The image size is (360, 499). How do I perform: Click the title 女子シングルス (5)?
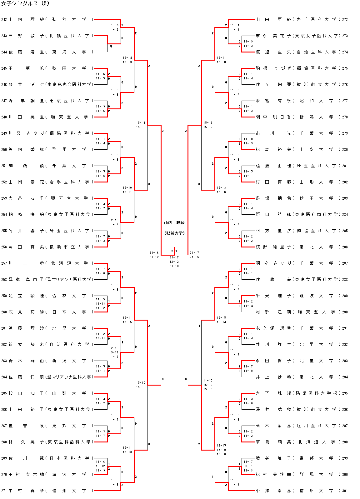tap(25, 4)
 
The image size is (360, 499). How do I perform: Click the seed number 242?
tap(4, 20)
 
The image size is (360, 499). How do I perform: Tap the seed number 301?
tap(345, 491)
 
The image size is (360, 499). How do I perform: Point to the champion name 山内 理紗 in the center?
tap(174, 223)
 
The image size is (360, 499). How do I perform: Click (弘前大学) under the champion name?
tap(174, 233)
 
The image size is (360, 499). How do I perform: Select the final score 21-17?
tap(174, 257)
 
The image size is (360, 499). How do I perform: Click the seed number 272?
tap(345, 20)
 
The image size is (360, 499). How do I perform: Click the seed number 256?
tap(4, 247)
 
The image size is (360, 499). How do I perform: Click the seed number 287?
tap(345, 263)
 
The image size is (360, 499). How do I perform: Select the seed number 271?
tap(4, 491)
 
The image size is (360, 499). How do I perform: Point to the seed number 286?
tap(345, 247)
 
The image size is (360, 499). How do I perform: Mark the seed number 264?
tap(4, 377)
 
